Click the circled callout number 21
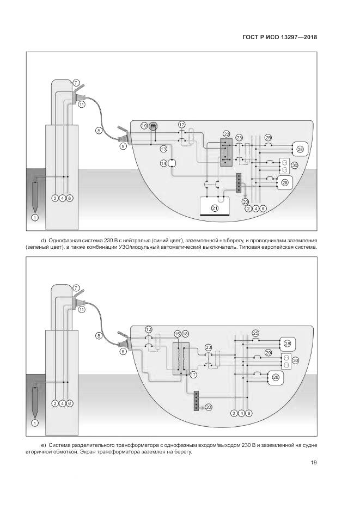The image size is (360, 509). pos(215,208)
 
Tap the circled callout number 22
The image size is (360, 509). pos(227,134)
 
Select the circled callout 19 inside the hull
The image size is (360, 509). pos(144,126)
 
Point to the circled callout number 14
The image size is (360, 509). pos(163,163)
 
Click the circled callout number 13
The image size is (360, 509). pos(163,149)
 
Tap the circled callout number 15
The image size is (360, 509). pos(178,333)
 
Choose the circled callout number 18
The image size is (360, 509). pos(185,333)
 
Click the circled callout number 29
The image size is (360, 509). pos(268,353)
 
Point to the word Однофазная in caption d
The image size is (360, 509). pos(65,240)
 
